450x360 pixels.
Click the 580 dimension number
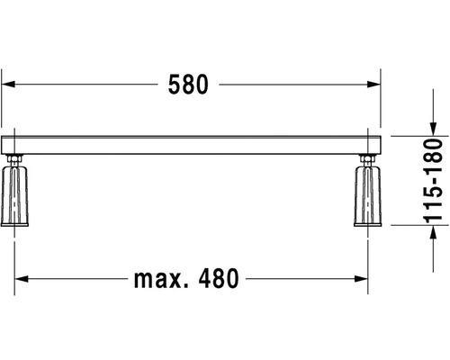188,85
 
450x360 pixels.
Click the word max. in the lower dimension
161,279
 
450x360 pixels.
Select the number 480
219,278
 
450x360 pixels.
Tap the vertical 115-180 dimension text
433,181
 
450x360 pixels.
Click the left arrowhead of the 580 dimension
8,85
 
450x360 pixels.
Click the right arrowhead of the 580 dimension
373,85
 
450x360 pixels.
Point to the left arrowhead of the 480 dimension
22,279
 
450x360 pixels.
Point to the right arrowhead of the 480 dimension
361,279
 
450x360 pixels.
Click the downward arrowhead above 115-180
433,130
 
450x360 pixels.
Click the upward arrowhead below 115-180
433,232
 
